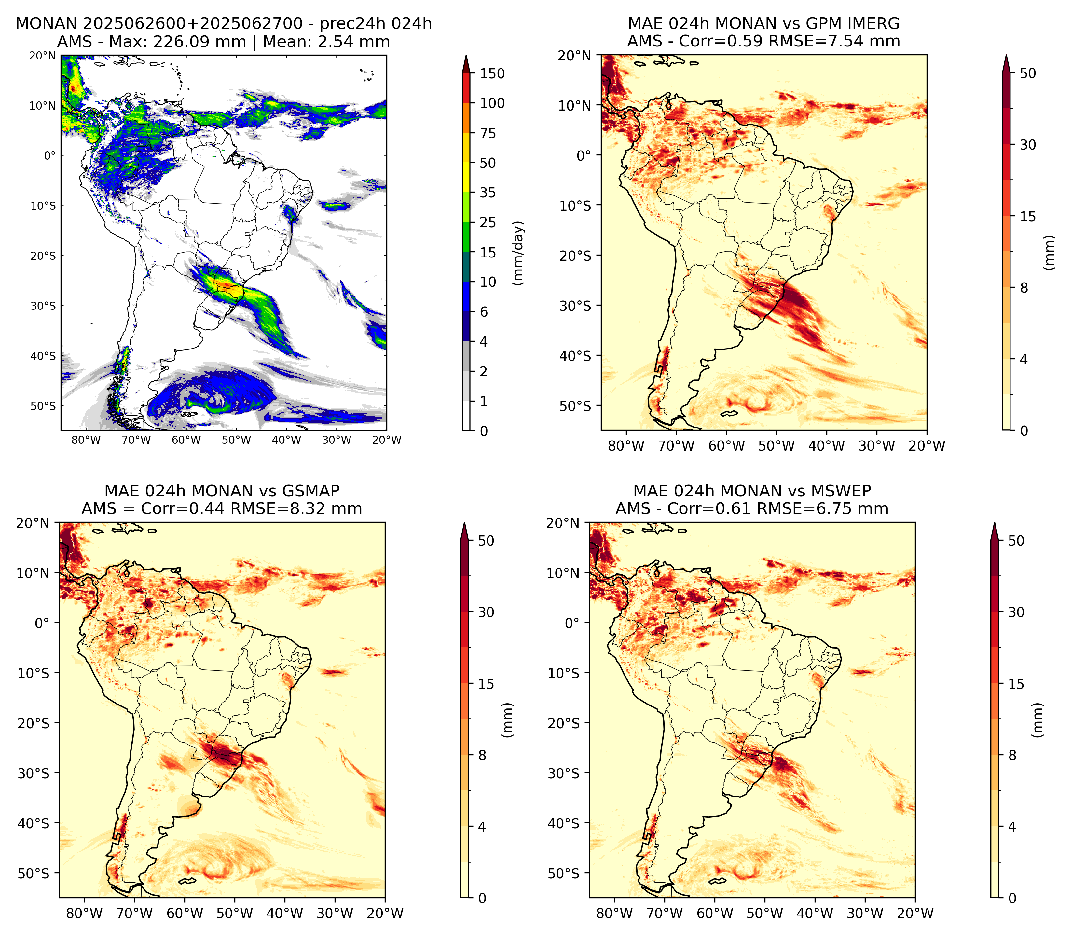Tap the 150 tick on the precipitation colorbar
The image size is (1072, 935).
492,73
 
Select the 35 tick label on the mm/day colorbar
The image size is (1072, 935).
488,192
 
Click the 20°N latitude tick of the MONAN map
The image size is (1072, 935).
42,55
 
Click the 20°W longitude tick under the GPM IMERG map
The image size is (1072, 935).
927,446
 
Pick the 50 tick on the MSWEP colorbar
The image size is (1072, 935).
1016,541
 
